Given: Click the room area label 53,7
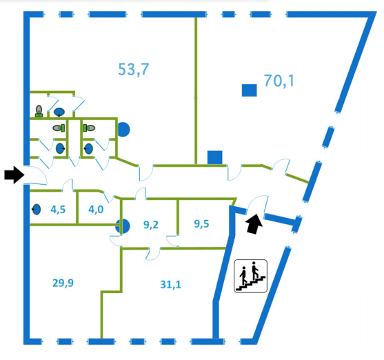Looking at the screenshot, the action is [134, 70].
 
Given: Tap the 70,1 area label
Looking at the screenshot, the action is [279, 81].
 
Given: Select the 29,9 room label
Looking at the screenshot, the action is [63, 283].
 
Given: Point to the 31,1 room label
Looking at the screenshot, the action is [171, 285].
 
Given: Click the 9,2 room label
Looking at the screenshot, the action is [151, 224].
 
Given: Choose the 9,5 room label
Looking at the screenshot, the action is [201, 223].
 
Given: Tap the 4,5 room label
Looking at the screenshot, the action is [58, 210].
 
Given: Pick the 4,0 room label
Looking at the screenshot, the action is [96, 210].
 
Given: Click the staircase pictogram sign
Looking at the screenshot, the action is [250, 276].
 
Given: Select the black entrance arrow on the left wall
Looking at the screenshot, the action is [14, 174].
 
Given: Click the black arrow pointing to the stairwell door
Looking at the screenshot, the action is [254, 224].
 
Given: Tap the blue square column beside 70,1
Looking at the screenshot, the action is [250, 90].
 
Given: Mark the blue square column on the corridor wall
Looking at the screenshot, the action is [215, 157].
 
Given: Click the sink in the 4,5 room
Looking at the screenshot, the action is [37, 210].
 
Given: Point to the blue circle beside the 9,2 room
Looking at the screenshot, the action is [123, 226].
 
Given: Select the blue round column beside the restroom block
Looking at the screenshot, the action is [123, 130].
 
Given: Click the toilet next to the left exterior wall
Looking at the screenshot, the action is [39, 111].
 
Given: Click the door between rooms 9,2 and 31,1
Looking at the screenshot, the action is [153, 254].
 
